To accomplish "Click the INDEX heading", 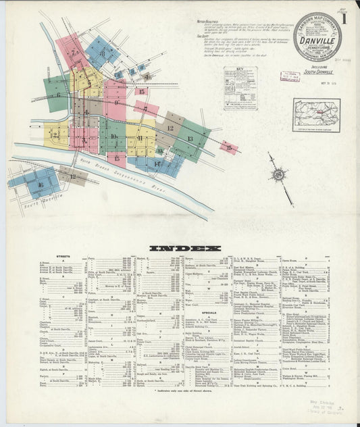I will [x=184, y=248].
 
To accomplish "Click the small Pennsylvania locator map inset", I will [x=316, y=115].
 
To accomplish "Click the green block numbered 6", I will [x=57, y=93].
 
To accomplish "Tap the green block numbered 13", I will [x=190, y=139].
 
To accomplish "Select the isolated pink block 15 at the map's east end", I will [x=228, y=147].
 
